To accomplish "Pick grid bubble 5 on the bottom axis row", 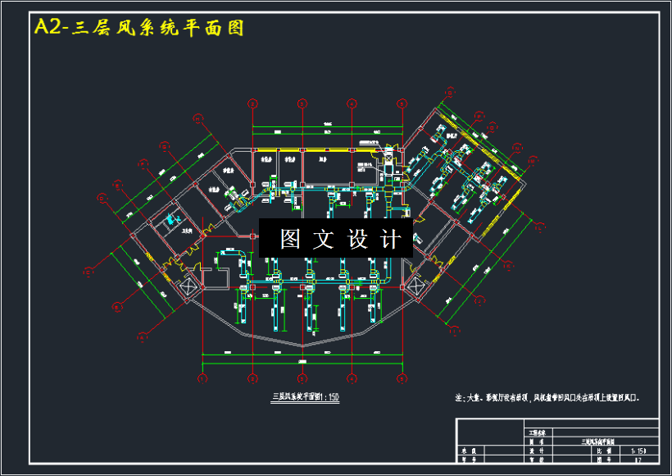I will pyautogui.click(x=402, y=379).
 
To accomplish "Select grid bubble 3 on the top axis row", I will pyautogui.click(x=302, y=103).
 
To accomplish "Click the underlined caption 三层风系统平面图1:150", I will pyautogui.click(x=305, y=397).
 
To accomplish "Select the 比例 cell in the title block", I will pyautogui.click(x=603, y=451).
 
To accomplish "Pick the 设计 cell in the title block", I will pyautogui.click(x=537, y=451).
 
